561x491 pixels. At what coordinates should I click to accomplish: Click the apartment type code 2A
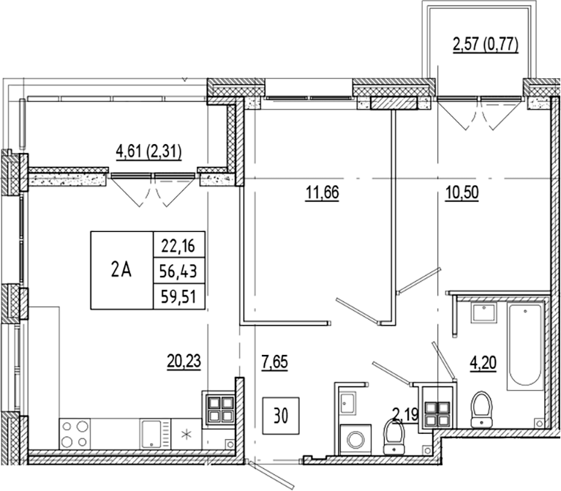point(121,270)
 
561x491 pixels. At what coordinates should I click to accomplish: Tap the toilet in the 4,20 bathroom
point(481,408)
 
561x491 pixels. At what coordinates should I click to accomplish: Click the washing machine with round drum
point(356,440)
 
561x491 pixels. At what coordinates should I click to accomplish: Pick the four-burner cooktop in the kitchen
point(74,432)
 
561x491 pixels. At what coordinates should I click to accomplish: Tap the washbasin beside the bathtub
point(483,314)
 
